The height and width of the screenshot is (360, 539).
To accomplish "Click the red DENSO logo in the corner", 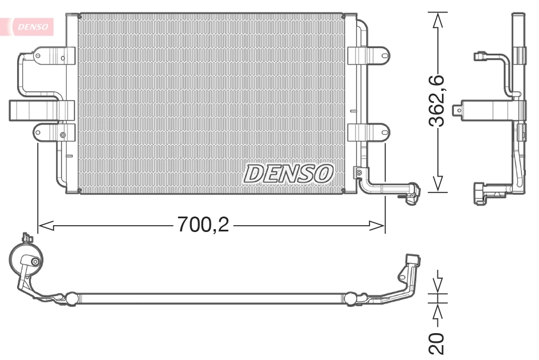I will pos(33,26).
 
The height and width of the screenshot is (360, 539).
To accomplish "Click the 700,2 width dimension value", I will pos(203,225).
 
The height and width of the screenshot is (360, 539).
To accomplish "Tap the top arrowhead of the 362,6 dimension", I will pos(438,21).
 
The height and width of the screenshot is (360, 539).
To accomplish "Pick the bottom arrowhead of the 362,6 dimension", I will pos(438,183).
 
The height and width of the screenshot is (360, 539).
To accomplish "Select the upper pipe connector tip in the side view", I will pos(480,56).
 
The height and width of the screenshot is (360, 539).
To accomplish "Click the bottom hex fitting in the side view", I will pos(479,193).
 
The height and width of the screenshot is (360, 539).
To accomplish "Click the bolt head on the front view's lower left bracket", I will pos(63,135).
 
